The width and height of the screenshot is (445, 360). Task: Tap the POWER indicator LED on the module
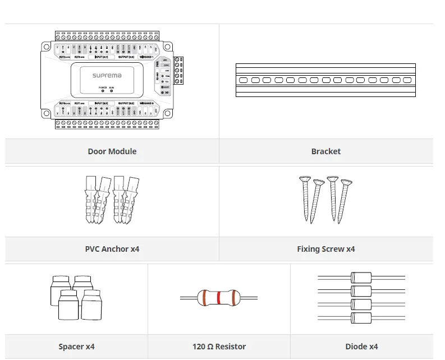(103, 91)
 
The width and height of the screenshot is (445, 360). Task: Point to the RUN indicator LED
(111, 91)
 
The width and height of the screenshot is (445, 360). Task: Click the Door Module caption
(112, 151)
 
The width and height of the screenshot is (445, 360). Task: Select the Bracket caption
(325, 151)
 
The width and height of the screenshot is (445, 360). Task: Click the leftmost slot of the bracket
(244, 80)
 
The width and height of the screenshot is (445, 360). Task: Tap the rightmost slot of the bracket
(408, 80)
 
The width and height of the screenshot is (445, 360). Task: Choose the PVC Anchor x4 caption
(112, 249)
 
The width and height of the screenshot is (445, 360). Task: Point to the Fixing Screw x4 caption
(325, 249)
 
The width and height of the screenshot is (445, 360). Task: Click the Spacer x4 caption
(77, 347)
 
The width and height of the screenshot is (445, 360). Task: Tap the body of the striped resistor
(218, 297)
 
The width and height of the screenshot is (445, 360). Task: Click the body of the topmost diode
(361, 278)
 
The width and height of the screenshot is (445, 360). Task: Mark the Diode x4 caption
(361, 347)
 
